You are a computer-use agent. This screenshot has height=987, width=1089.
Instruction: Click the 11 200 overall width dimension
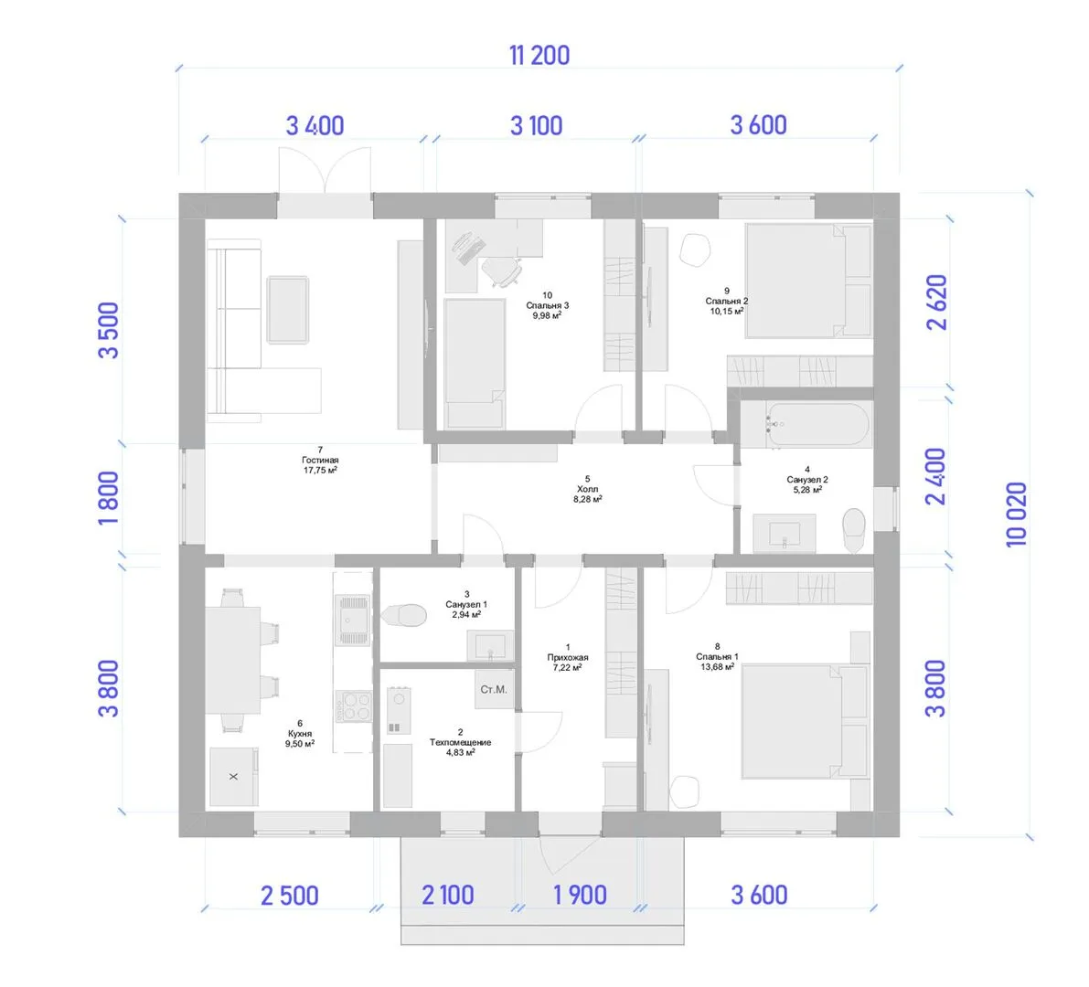click(539, 56)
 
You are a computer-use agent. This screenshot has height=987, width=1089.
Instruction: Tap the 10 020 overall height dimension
click(1016, 515)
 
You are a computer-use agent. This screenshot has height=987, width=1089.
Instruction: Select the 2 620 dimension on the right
click(937, 302)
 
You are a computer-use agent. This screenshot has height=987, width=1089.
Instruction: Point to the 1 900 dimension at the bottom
click(580, 895)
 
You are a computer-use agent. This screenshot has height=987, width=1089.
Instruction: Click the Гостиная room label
click(320, 460)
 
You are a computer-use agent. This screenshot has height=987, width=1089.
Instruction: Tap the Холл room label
click(588, 489)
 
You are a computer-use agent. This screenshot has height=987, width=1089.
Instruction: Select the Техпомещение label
click(461, 742)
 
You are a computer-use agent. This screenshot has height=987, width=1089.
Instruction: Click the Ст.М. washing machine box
click(494, 689)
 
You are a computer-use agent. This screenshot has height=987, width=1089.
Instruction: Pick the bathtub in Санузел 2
click(806, 424)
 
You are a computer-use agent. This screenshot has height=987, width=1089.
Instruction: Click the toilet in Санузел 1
click(403, 615)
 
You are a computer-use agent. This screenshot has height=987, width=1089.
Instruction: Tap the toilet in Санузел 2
click(854, 531)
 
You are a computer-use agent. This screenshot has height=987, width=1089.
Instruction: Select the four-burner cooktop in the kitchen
click(354, 706)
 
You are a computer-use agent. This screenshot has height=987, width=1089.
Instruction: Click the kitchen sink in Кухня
click(353, 620)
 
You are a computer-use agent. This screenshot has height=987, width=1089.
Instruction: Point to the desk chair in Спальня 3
click(501, 271)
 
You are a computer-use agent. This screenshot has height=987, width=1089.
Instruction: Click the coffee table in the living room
click(287, 310)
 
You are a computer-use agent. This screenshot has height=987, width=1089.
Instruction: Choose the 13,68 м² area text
click(718, 667)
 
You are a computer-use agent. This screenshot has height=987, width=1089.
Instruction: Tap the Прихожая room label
click(568, 657)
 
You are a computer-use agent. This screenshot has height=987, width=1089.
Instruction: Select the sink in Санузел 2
click(785, 533)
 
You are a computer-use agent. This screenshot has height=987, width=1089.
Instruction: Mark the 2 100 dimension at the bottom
click(448, 895)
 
